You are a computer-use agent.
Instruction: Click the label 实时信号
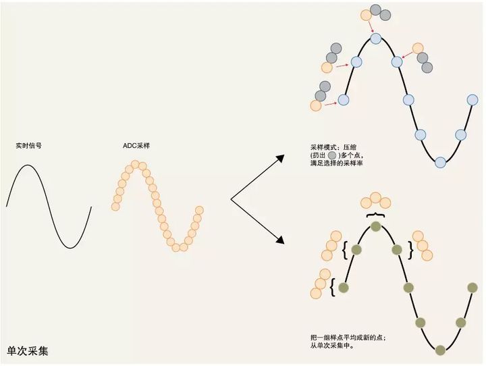[28, 145]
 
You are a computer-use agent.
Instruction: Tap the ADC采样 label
[136, 145]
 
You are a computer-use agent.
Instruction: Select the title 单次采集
[28, 350]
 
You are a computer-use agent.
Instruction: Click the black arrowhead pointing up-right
[280, 158]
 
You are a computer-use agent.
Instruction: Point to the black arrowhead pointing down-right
[280, 240]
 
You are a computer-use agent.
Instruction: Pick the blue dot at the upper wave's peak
[376, 38]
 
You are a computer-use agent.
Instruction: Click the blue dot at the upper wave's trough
[440, 162]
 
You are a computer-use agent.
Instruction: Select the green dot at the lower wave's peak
[376, 226]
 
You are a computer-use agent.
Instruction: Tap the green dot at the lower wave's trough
[440, 350]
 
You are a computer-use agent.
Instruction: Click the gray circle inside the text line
[331, 155]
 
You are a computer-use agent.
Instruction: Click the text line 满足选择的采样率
[337, 163]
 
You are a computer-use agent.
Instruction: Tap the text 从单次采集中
[332, 345]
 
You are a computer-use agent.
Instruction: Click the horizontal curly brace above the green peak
[376, 215]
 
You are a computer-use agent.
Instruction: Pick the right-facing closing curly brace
[411, 250]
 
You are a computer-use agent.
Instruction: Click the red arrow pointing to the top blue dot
[371, 26]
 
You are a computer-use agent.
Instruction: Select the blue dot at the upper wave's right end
[473, 100]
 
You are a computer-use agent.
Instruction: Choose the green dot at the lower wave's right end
[473, 288]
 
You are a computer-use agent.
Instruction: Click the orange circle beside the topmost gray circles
[366, 15]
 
